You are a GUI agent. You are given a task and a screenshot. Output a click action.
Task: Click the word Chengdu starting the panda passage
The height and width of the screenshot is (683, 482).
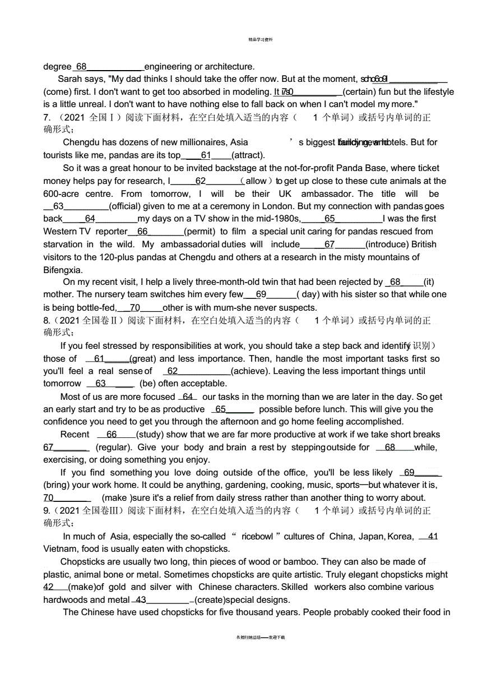pos(82,142)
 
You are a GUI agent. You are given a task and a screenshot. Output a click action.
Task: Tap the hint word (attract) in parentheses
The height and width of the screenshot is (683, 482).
pos(248,155)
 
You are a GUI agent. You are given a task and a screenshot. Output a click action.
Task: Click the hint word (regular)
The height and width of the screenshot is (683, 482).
pos(114,447)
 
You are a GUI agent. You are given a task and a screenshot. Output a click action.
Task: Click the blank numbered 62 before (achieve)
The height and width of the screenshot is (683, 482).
pos(196,371)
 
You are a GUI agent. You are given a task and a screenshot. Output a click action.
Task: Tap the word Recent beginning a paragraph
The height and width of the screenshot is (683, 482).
pos(75,435)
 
